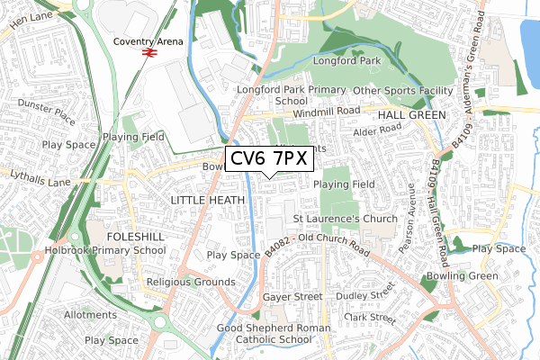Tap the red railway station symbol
[148, 53]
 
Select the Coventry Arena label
[148, 41]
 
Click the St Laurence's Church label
[346, 218]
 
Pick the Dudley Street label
[364, 295]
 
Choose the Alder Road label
[376, 130]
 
